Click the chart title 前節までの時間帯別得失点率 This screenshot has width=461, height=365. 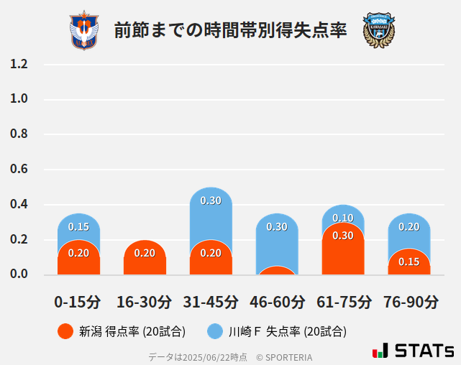(x=230, y=31)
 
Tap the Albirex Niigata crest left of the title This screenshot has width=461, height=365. (x=84, y=31)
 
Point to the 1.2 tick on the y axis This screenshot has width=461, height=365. (x=19, y=65)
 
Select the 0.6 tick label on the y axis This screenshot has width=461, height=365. (x=19, y=170)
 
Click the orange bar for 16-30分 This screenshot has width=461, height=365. (x=145, y=258)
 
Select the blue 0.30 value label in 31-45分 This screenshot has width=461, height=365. (x=211, y=201)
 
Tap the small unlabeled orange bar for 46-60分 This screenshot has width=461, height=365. (x=277, y=271)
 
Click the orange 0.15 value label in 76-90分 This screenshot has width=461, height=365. (x=409, y=262)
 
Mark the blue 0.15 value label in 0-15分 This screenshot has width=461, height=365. (x=78, y=227)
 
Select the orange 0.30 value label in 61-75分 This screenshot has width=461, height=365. (x=343, y=236)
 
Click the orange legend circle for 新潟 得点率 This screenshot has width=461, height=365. (x=65, y=331)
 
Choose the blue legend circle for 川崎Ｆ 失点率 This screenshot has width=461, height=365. (x=215, y=331)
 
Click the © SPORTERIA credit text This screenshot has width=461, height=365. (x=284, y=356)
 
